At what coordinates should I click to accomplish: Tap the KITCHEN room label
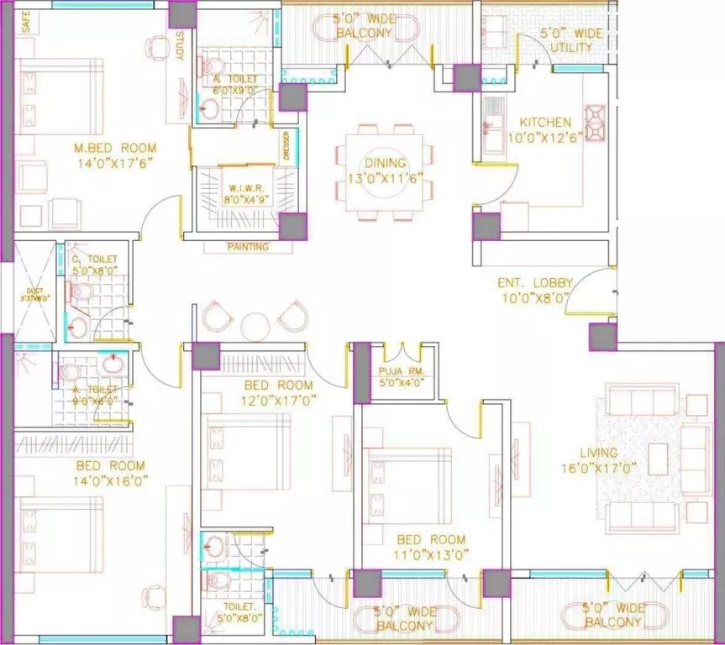tap(544, 123)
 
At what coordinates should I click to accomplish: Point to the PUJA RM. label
tap(396, 370)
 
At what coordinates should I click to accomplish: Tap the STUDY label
tap(181, 46)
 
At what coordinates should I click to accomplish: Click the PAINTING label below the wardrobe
tap(248, 247)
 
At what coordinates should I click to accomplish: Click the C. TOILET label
tap(93, 260)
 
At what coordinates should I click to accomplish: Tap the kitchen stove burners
tap(596, 122)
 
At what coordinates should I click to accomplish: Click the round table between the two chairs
tap(253, 324)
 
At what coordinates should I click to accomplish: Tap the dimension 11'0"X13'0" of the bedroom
tap(432, 554)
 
